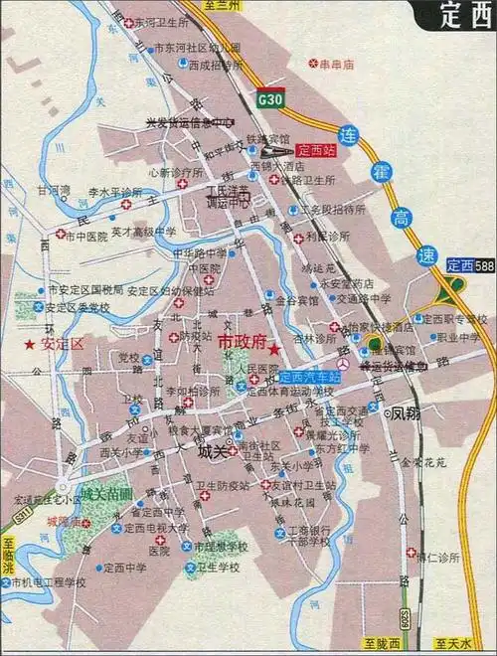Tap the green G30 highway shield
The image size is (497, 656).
[268, 100]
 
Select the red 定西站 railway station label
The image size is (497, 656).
[317, 151]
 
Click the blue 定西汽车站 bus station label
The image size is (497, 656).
[309, 378]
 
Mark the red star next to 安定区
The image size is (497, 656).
[30, 343]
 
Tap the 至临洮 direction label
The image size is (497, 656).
[9, 556]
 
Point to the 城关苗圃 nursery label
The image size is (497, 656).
[106, 492]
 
